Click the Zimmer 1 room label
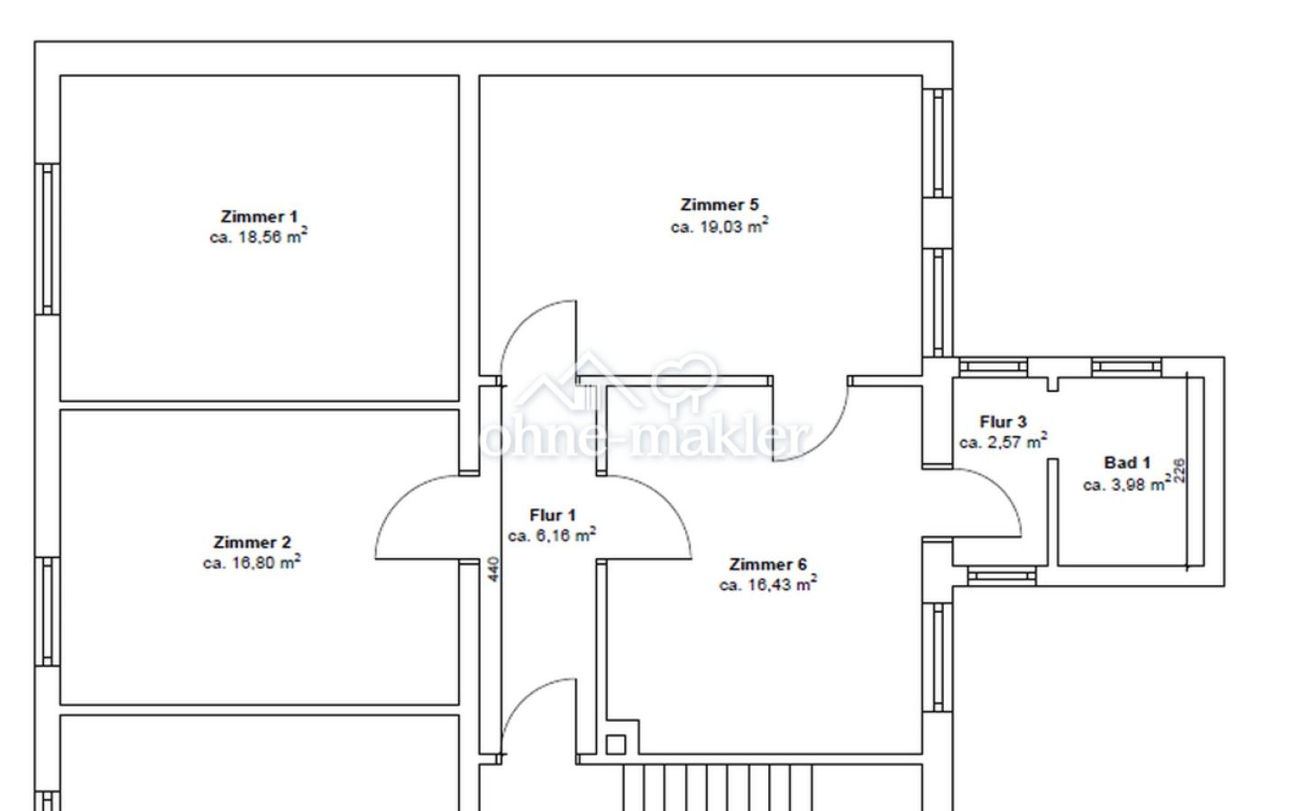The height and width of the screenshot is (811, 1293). (x=259, y=217)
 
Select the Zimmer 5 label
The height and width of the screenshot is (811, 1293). (x=720, y=205)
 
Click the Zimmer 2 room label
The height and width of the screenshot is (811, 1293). (x=252, y=542)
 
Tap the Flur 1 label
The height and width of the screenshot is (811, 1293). (x=553, y=515)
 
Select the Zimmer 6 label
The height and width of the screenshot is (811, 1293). (x=767, y=564)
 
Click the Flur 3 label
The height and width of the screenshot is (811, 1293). (x=1004, y=422)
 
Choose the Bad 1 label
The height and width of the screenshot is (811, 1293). (x=1127, y=462)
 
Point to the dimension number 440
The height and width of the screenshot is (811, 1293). (x=494, y=569)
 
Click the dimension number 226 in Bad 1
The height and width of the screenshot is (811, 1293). (x=1179, y=470)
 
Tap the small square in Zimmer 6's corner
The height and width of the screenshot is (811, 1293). (x=616, y=744)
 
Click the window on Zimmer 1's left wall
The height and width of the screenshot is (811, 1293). (x=47, y=240)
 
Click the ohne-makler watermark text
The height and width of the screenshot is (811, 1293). (x=644, y=438)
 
